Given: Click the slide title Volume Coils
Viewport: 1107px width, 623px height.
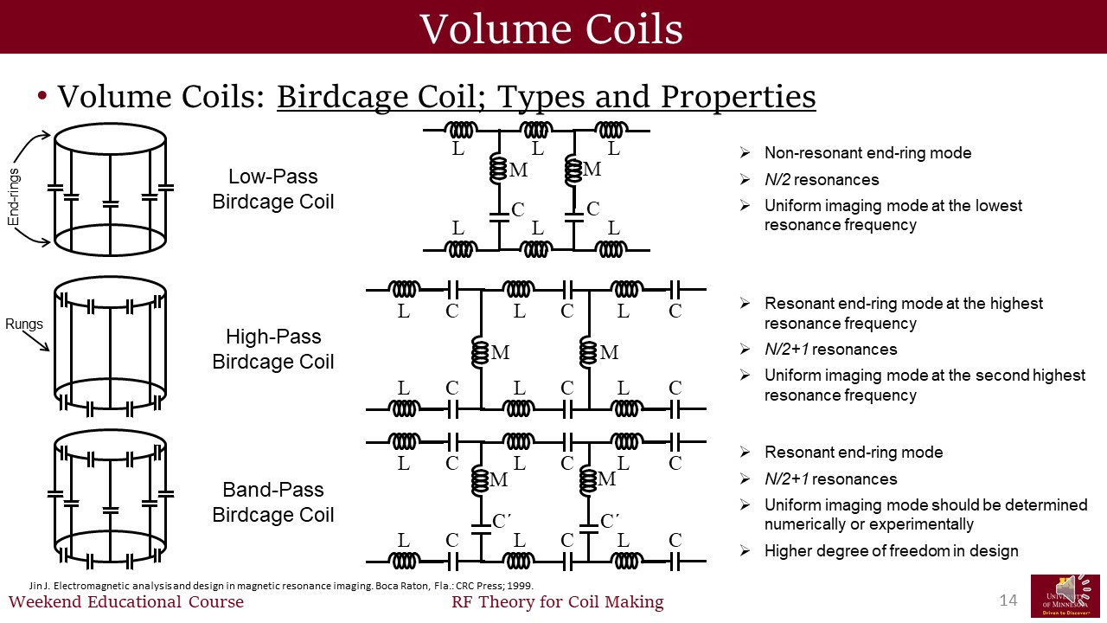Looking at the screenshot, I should (551, 29).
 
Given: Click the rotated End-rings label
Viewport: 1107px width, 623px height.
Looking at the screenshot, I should (13, 197).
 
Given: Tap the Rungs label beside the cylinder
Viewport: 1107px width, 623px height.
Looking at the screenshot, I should (23, 324).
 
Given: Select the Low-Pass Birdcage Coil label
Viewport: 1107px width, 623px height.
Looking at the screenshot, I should (272, 189).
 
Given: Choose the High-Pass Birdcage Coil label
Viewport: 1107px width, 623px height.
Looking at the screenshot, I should (272, 349).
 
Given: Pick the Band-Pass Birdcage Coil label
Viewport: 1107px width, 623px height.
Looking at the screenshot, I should (272, 502).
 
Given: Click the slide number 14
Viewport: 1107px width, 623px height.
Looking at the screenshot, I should (1008, 601).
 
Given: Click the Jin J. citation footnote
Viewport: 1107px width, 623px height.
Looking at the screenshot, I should (281, 585).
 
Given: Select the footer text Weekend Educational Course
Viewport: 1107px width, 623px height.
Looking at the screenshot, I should (126, 602).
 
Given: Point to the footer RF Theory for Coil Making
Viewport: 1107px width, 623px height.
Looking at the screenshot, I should (557, 602).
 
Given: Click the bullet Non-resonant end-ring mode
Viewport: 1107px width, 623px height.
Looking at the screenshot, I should (867, 153).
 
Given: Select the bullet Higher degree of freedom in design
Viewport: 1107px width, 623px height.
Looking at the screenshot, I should (891, 550).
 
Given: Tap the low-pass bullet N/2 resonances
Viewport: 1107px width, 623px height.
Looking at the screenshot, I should (822, 180).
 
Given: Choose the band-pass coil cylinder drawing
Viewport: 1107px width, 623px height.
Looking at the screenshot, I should (110, 498).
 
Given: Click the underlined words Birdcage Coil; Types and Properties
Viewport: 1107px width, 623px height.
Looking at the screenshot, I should (546, 97).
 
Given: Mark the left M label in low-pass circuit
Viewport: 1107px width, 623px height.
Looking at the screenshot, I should (518, 170).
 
